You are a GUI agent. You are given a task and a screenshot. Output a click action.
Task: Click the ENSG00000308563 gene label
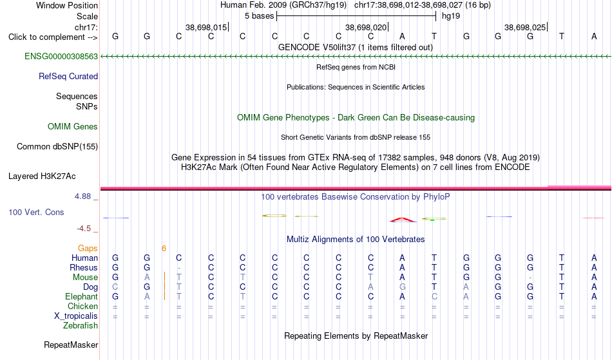tap(61, 56)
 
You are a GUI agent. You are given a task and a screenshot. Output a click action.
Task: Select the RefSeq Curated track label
tap(68, 76)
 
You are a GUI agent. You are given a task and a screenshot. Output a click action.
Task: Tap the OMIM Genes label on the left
tap(72, 126)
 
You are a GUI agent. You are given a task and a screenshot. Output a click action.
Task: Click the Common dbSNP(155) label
tap(57, 146)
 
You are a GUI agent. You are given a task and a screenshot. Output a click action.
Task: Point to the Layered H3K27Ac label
tap(42, 176)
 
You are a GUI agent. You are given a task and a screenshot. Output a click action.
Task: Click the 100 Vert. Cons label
tap(36, 212)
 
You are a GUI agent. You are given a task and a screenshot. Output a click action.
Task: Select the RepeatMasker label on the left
tap(71, 345)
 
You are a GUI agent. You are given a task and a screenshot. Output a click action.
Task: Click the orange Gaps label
tap(88, 249)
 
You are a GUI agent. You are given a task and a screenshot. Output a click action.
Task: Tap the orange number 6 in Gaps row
tap(164, 249)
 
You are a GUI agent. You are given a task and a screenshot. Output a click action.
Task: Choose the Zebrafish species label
tap(81, 325)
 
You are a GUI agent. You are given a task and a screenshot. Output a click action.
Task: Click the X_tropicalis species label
tap(76, 316)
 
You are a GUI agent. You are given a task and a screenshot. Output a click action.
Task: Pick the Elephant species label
tap(81, 296)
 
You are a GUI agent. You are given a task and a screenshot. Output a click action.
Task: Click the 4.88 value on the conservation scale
tap(82, 196)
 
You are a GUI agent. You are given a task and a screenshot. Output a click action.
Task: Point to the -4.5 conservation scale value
tap(84, 228)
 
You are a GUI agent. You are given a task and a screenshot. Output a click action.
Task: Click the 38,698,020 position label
tap(366, 27)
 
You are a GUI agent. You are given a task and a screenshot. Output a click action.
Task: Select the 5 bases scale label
tap(259, 16)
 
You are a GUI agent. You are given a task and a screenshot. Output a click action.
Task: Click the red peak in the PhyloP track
tap(403, 220)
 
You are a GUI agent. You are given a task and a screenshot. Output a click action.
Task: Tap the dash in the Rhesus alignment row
tap(178, 268)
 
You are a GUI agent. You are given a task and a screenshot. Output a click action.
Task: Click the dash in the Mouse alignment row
tap(530, 278)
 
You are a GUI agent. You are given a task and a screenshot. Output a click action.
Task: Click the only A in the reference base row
tap(402, 36)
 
